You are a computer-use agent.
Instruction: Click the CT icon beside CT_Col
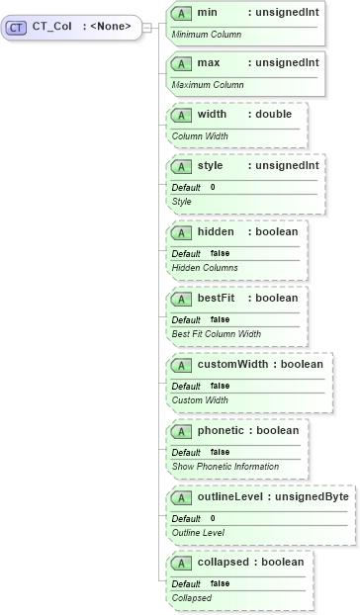[x=17, y=27]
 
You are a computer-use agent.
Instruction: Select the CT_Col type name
[x=51, y=27]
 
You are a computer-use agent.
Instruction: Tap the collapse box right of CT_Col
[x=146, y=27]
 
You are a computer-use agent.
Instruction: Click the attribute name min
[x=208, y=12]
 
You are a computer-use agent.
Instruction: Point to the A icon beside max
[x=181, y=63]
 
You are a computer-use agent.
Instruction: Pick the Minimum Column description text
[x=206, y=34]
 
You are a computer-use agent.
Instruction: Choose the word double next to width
[x=274, y=114]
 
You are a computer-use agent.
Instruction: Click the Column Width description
[x=200, y=135]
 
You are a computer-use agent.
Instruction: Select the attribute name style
[x=210, y=165]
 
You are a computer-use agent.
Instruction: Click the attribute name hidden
[x=216, y=231]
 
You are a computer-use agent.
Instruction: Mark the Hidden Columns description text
[x=205, y=267]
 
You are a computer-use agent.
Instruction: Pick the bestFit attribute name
[x=216, y=298]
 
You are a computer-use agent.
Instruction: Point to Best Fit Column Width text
[x=217, y=333]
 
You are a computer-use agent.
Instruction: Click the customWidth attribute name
[x=232, y=364]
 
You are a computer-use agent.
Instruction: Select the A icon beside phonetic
[x=181, y=431]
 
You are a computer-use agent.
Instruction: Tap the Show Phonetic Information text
[x=225, y=466]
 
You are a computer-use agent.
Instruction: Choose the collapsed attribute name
[x=224, y=562]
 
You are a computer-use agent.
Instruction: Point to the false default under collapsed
[x=220, y=583]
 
